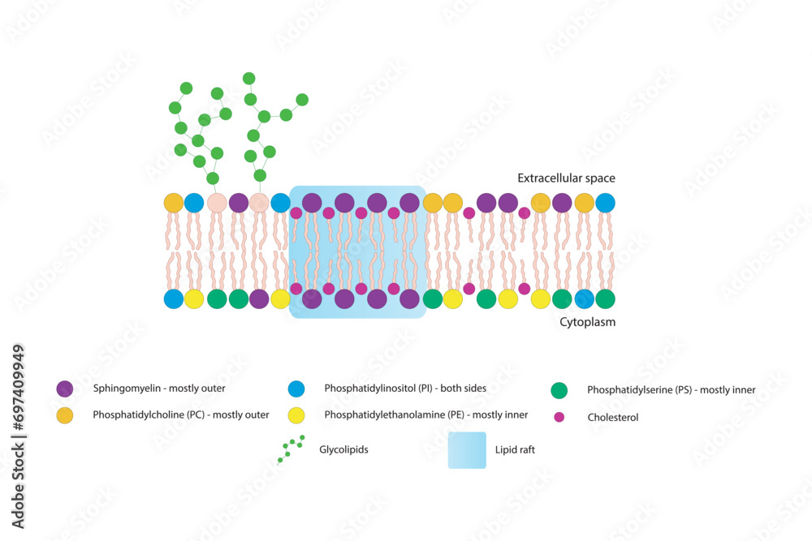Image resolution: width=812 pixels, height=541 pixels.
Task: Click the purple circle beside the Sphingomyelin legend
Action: [x=65, y=389]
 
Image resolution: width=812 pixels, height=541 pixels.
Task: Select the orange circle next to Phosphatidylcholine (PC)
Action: [x=65, y=415]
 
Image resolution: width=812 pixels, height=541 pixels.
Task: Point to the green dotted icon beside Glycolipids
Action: [x=291, y=449]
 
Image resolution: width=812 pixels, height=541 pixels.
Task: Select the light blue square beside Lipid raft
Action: [x=467, y=449]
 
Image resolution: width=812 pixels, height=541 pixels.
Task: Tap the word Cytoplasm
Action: [x=587, y=322]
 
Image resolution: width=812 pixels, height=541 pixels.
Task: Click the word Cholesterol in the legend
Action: [x=613, y=418]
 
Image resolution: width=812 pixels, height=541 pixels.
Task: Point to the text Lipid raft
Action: [x=515, y=449]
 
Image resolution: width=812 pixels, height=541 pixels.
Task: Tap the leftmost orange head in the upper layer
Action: [x=174, y=203]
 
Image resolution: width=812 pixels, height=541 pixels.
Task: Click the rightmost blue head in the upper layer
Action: [x=605, y=203]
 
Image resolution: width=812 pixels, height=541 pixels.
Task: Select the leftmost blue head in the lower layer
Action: [x=174, y=299]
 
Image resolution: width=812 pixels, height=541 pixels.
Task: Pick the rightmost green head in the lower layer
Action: [x=605, y=299]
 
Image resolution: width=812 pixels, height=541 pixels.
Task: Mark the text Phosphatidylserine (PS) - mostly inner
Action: [x=672, y=390]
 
